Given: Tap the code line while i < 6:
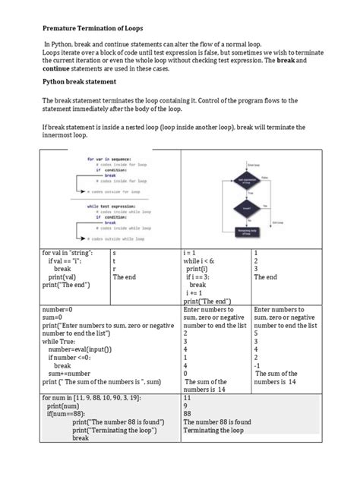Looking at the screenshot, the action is click(x=201, y=261).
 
